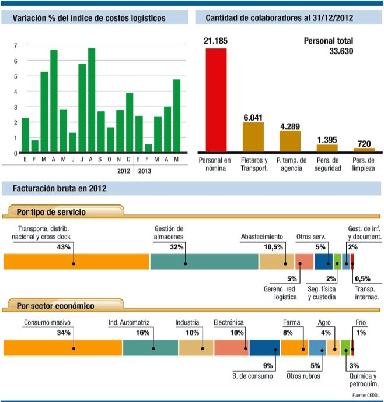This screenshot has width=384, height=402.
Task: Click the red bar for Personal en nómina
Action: pyautogui.click(x=215, y=99)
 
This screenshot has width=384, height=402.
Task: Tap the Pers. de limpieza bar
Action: pyautogui.click(x=364, y=150)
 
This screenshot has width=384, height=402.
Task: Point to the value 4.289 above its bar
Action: pyautogui.click(x=289, y=126)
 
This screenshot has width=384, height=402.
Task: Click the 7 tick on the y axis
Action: pyautogui.click(x=15, y=45)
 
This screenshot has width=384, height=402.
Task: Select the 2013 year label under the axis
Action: pyautogui.click(x=145, y=171)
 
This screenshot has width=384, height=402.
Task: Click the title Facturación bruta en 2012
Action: pyautogui.click(x=55, y=189)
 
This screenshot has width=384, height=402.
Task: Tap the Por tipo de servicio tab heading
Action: pyautogui.click(x=51, y=212)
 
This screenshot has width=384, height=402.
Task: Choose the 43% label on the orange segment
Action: pyautogui.click(x=64, y=247)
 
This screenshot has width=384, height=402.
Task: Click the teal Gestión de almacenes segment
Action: pyautogui.click(x=204, y=262)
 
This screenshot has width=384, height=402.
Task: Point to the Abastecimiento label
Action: pyautogui.click(x=262, y=237)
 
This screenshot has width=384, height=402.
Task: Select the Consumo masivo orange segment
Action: pyautogui.click(x=62, y=348)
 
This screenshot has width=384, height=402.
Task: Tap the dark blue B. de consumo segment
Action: pyautogui.click(x=264, y=348)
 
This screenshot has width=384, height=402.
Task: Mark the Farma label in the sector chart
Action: pyautogui.click(x=291, y=322)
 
